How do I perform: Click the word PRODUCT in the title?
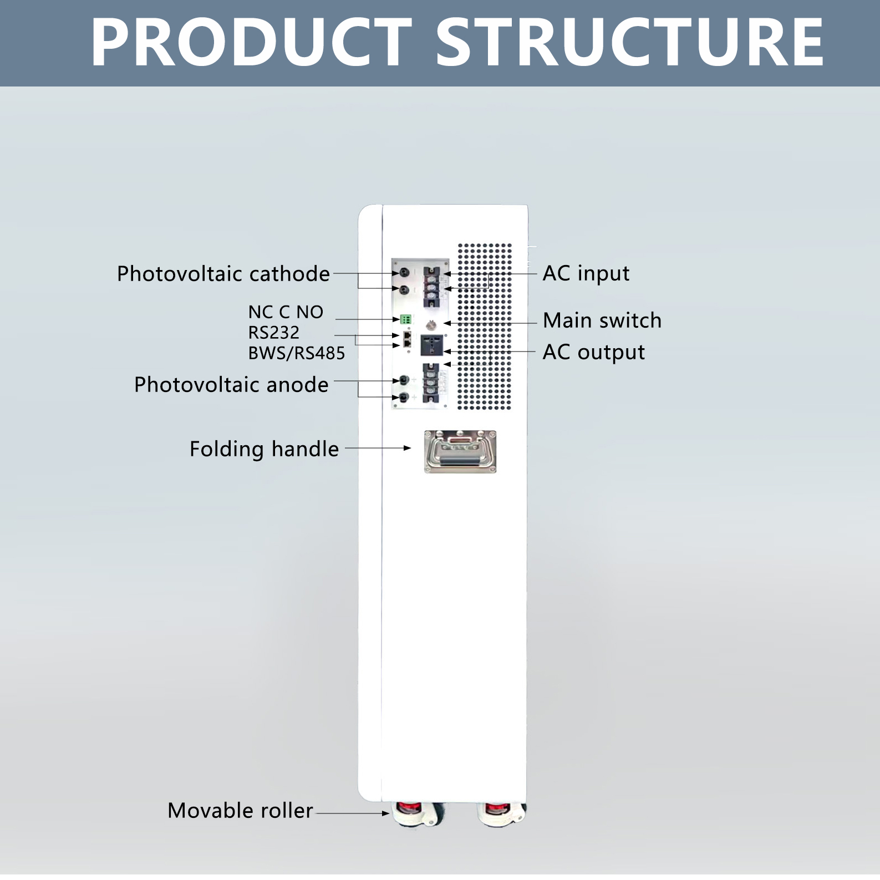251,43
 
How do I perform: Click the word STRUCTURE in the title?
630,43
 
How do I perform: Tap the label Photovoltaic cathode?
223,274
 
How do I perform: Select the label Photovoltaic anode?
231,384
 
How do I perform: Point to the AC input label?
586,273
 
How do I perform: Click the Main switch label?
602,321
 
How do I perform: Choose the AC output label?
594,352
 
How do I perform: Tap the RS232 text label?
273,333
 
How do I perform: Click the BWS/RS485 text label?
297,353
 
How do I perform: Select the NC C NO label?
286,312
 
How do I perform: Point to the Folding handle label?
264,449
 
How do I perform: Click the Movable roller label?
240,811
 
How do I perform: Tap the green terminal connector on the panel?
405,319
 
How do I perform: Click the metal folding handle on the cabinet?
460,452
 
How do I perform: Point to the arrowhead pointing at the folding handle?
408,448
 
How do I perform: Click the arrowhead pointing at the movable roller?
385,813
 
